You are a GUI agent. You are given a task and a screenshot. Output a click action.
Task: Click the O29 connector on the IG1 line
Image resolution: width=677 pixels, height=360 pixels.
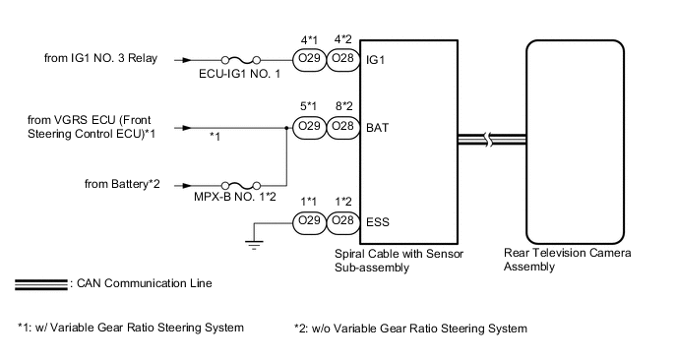pyautogui.click(x=309, y=60)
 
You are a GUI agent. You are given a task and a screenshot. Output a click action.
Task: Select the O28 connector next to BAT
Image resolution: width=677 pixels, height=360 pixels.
pyautogui.click(x=343, y=127)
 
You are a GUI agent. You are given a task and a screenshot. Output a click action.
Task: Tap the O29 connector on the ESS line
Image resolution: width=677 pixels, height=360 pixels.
pyautogui.click(x=309, y=222)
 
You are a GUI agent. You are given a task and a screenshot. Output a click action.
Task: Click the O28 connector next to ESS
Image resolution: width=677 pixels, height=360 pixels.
pyautogui.click(x=343, y=222)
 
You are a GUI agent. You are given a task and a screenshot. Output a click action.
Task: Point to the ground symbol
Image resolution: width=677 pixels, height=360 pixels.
pyautogui.click(x=254, y=245)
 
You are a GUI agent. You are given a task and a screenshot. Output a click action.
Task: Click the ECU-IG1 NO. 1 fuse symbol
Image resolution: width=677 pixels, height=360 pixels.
pyautogui.click(x=240, y=60)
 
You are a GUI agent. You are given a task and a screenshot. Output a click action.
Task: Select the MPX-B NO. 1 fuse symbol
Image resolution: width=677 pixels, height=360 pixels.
pyautogui.click(x=240, y=186)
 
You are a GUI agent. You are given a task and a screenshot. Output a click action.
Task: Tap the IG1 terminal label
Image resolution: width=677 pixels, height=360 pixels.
pyautogui.click(x=375, y=60)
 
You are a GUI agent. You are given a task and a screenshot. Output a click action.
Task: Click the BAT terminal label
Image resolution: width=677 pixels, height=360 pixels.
pyautogui.click(x=377, y=128)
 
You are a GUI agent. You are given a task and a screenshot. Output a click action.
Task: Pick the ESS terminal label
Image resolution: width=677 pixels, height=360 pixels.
pyautogui.click(x=378, y=222)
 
